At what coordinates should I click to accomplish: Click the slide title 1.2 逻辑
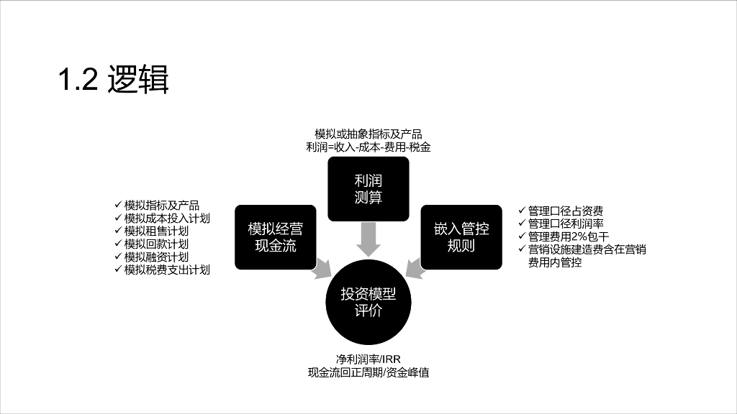pyautogui.click(x=114, y=80)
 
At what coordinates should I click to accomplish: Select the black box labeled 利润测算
pyautogui.click(x=368, y=188)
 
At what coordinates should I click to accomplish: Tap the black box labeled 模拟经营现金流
pyautogui.click(x=276, y=237)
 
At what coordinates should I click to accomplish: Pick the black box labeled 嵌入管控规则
pyautogui.click(x=461, y=237)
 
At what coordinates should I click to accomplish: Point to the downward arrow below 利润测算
pyautogui.click(x=368, y=239)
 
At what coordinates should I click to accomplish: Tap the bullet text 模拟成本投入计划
pyautogui.click(x=166, y=218)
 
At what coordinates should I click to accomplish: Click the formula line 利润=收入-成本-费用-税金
pyautogui.click(x=368, y=147)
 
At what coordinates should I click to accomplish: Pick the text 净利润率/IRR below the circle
pyautogui.click(x=368, y=359)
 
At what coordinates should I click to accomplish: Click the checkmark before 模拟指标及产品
pyautogui.click(x=118, y=205)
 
